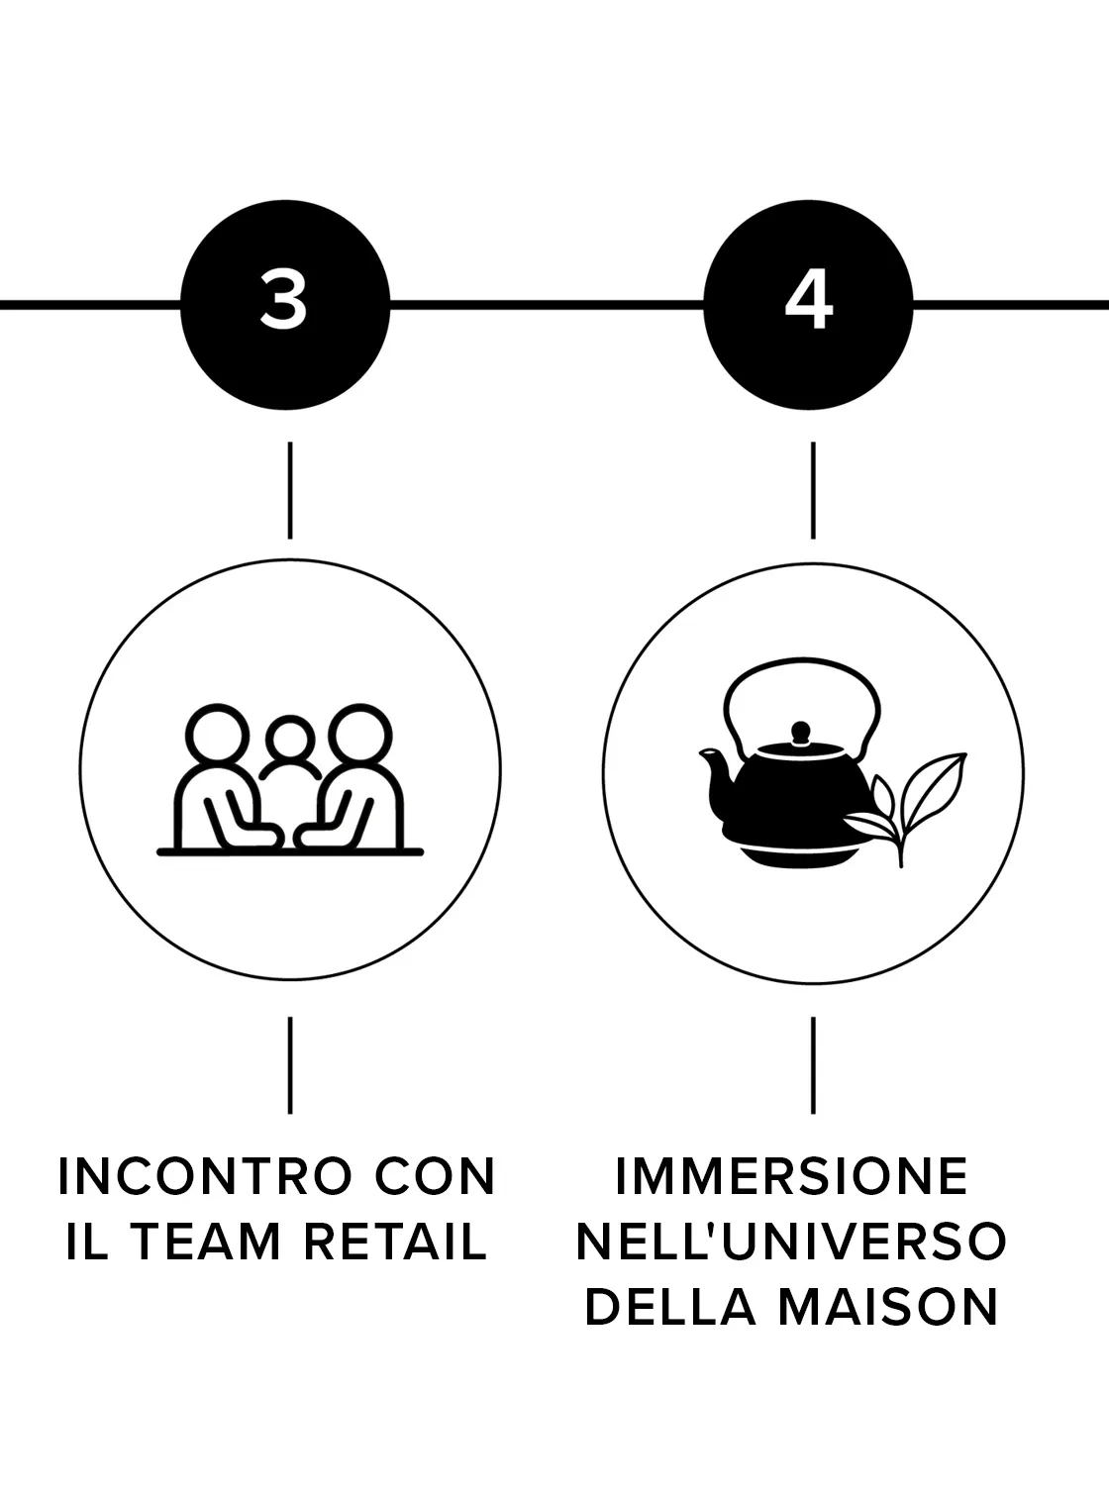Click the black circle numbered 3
pos(285,305)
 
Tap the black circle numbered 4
pos(809,305)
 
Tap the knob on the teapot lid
pos(800,733)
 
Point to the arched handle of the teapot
pos(802,661)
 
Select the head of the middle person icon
pos(290,741)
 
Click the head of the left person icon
pos(217,735)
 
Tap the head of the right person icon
pos(360,735)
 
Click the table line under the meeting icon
pos(290,852)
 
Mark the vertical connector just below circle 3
pos(290,490)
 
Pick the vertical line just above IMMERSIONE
pos(813,1065)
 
